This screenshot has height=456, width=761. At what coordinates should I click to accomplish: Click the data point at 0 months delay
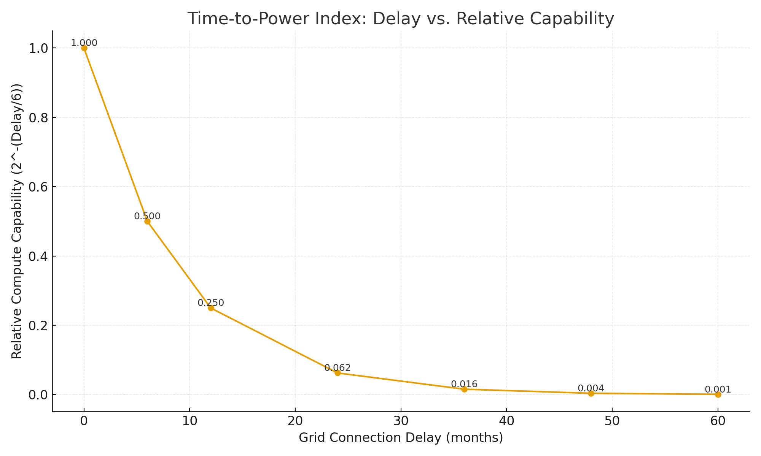tap(84, 48)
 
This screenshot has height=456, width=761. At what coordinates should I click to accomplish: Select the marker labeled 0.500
tap(147, 221)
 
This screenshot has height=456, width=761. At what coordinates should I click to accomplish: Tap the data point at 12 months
tap(211, 308)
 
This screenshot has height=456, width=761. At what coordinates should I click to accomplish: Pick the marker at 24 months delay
tap(338, 373)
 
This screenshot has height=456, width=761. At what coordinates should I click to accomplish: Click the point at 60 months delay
tap(718, 394)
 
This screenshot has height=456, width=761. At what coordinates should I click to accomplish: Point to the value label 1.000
tap(84, 43)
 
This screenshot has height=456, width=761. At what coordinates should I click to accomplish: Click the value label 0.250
tap(211, 303)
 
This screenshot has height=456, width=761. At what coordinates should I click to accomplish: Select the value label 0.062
tap(338, 368)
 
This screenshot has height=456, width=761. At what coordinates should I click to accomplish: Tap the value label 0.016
tap(464, 384)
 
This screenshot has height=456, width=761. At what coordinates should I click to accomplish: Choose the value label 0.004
tap(591, 388)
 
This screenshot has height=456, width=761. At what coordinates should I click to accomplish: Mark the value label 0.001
tap(718, 389)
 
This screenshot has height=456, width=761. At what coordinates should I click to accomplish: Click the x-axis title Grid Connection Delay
tap(401, 437)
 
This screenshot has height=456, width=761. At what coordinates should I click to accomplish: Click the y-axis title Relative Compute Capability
tap(17, 221)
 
